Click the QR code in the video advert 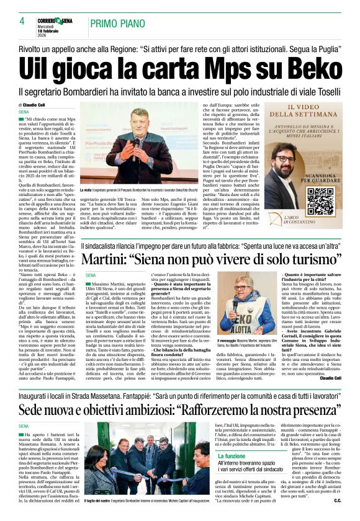(x=303, y=200)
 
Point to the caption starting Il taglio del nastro (x=137, y=517)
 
